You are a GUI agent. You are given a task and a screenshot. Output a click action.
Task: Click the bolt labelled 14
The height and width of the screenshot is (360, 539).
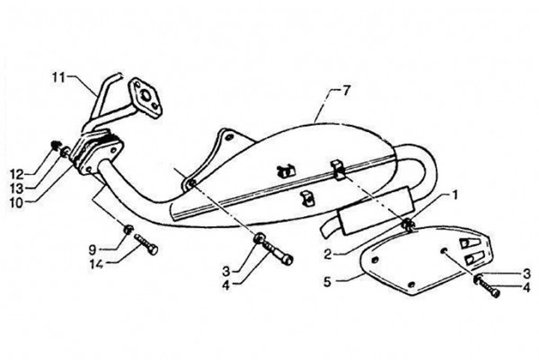coord(146,245)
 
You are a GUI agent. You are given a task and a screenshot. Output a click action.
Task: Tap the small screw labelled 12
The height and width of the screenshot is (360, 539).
coord(57,144)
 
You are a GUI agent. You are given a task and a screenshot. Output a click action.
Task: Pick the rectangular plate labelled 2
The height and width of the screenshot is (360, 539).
coord(372,212)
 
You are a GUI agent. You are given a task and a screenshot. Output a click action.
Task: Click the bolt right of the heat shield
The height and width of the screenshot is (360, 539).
coord(487,287)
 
